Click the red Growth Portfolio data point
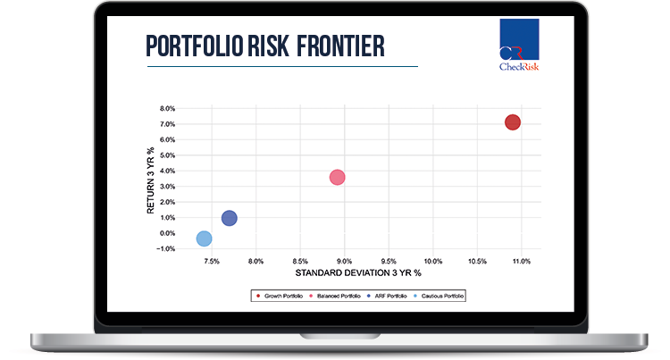(513, 122)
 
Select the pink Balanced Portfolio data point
(337, 177)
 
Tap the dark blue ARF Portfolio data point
(230, 218)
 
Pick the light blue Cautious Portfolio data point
(205, 239)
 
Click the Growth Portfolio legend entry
(280, 296)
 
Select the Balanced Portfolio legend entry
(335, 296)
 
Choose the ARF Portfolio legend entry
(387, 296)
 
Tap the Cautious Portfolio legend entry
(439, 296)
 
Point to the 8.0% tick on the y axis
(168, 109)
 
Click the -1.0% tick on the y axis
(166, 249)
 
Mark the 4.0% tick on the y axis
(168, 172)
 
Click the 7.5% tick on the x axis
(212, 262)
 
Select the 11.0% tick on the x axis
(522, 262)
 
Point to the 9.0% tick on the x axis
(345, 262)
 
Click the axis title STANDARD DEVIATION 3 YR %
(358, 272)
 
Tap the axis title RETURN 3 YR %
(150, 180)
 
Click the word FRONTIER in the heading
(340, 46)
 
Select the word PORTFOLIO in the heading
(195, 46)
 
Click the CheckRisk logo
(519, 45)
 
